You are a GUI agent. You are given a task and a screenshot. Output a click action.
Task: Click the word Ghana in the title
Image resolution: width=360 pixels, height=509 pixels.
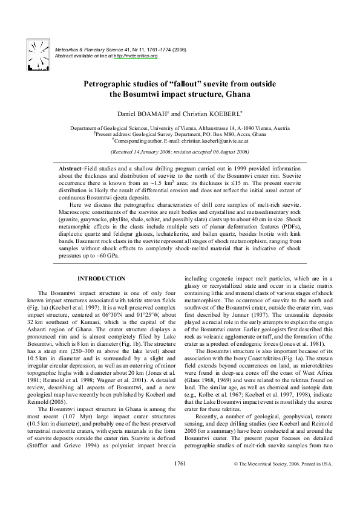[234, 94]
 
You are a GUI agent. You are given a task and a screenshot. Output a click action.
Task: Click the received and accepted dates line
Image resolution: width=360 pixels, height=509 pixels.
[180, 152]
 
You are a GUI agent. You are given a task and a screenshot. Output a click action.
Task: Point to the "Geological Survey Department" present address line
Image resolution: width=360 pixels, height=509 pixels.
[179, 134]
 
